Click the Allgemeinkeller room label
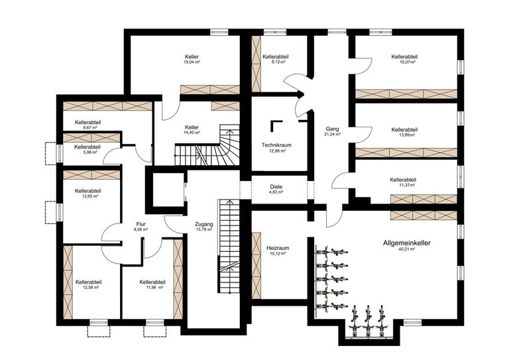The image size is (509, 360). coord(406,243)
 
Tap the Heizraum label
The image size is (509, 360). coord(277,248)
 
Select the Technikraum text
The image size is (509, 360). coord(277,145)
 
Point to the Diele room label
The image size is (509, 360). coord(276,186)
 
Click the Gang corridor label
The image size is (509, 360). coord(332,128)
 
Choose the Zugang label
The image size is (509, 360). coord(204,225)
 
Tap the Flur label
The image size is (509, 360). coord(141,225)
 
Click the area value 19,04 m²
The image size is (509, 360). coord(192,62)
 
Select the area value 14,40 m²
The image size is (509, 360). coord(192,133)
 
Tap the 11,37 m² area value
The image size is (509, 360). coord(403,185)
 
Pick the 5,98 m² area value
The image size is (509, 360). coord(87,152)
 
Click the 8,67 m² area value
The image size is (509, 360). coord(87,128)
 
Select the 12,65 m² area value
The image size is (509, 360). coord(87,196)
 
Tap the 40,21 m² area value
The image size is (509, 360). coord(406,250)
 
